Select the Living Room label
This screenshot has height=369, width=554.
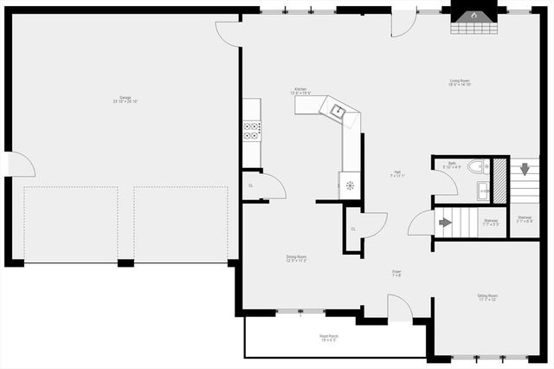click(x=460, y=83)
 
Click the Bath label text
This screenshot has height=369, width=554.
click(x=452, y=165)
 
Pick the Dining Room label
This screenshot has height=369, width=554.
click(x=297, y=258)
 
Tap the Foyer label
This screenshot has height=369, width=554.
click(x=396, y=274)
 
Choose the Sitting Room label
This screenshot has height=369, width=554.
click(x=487, y=297)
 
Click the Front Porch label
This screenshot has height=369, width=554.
click(x=329, y=338)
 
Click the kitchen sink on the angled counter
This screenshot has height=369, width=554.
click(x=338, y=110)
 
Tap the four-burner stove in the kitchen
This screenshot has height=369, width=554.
click(x=251, y=131)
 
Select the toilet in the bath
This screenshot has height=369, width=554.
click(x=475, y=165)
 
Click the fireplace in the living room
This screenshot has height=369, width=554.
click(x=474, y=18)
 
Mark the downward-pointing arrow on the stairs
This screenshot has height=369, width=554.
click(x=525, y=168)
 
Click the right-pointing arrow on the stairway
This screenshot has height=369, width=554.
click(x=446, y=222)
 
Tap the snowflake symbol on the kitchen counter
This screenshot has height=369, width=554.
click(x=350, y=185)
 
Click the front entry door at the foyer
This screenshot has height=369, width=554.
click(x=400, y=309)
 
